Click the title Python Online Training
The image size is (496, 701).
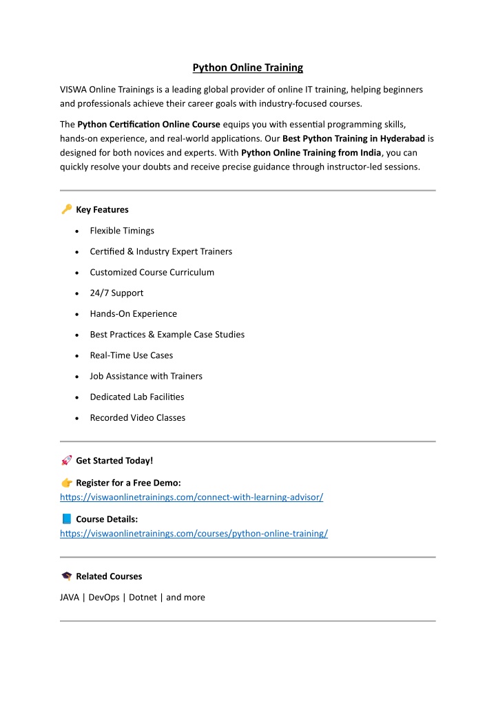[x=247, y=67]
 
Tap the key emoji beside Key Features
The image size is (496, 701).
[x=66, y=209]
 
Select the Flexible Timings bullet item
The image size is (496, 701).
[x=122, y=231]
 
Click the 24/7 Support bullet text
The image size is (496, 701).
[x=116, y=293]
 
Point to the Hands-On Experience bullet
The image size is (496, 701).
[x=133, y=313]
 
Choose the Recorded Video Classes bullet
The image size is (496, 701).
[x=137, y=417]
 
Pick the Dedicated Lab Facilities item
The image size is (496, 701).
[x=136, y=397]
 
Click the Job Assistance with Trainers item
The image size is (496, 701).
[x=145, y=376]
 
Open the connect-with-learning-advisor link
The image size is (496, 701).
[x=192, y=496]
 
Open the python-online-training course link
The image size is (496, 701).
[x=194, y=533]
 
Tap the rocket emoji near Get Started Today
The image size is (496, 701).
[x=66, y=460]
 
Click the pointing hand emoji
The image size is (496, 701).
[x=66, y=483]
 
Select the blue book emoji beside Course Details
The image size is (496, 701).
[x=66, y=519]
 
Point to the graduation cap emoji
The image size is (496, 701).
[x=66, y=576]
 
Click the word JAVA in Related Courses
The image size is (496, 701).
[x=70, y=597]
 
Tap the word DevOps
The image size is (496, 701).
[x=104, y=597]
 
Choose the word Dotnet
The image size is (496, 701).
[x=143, y=597]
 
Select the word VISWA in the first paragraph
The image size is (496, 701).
[x=73, y=90]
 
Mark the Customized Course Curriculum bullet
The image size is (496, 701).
[x=152, y=272]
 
